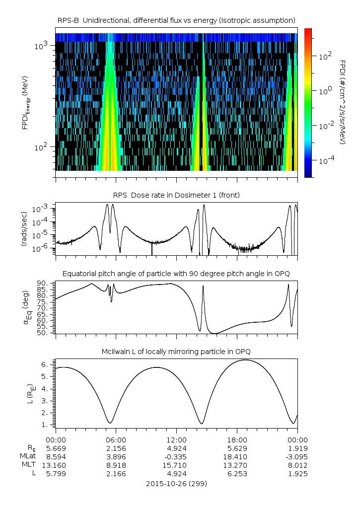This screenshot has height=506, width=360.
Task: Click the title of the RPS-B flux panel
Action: pyautogui.click(x=176, y=21)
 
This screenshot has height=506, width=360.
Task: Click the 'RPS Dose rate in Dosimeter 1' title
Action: pyautogui.click(x=176, y=195)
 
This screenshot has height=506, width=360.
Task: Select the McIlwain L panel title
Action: pyautogui.click(x=176, y=352)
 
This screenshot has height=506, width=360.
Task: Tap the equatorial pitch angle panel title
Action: pyautogui.click(x=176, y=274)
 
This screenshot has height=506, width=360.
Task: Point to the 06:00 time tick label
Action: pyautogui.click(x=116, y=440)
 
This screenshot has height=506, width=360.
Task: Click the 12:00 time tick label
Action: pyautogui.click(x=176, y=440)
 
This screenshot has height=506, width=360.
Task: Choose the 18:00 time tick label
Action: pyautogui.click(x=237, y=440)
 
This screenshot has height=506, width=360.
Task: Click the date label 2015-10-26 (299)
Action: pyautogui.click(x=176, y=484)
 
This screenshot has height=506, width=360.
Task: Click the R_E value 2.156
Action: pyautogui.click(x=116, y=448)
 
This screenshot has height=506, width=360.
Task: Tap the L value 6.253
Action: pyautogui.click(x=237, y=474)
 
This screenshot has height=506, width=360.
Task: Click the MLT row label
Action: pyautogui.click(x=29, y=465)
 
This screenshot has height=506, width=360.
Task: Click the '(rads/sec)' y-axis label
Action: pyautogui.click(x=24, y=229)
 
